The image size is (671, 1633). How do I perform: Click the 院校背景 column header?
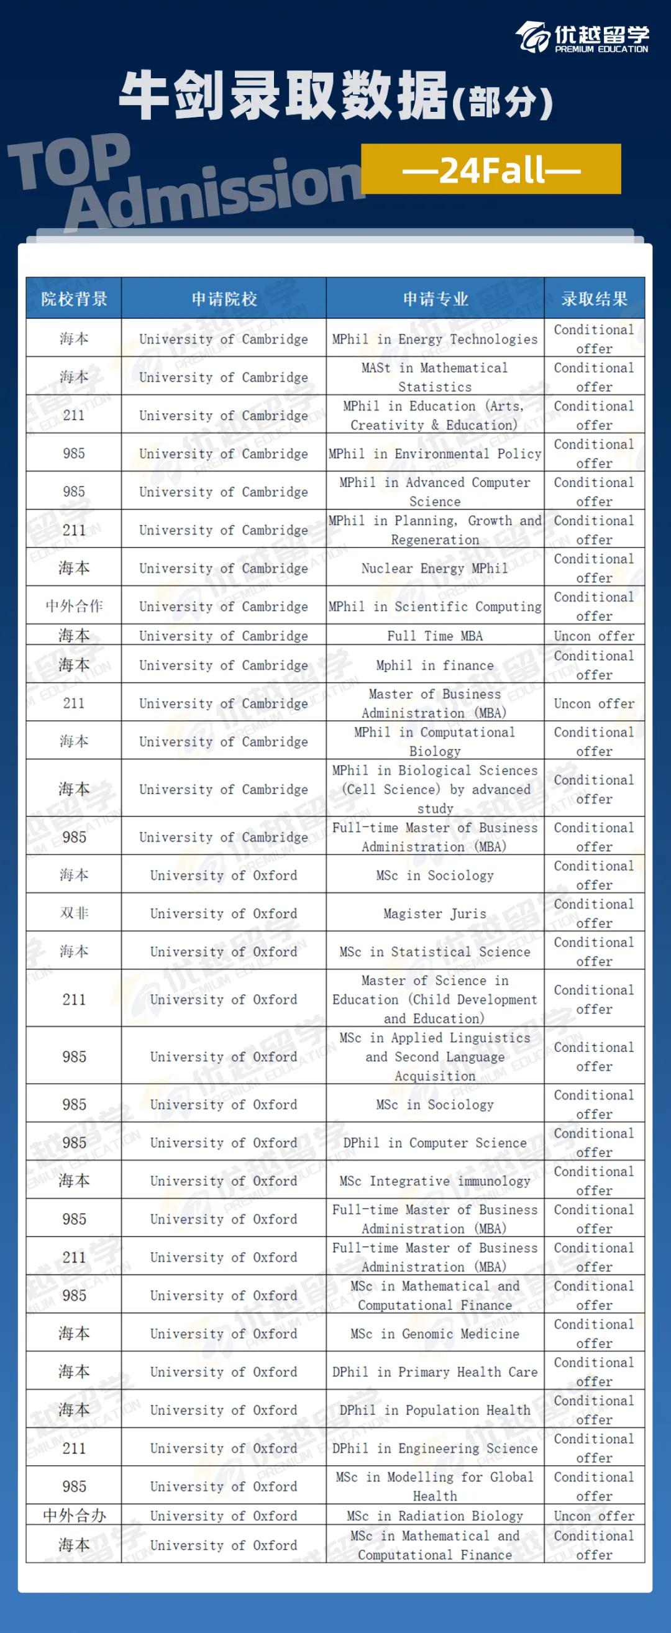(x=73, y=299)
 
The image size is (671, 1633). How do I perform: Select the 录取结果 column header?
(x=594, y=299)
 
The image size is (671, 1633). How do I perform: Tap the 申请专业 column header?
(x=436, y=299)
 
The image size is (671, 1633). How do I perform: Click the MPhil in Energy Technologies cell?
(x=435, y=339)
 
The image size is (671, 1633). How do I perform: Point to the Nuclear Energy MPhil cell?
(x=435, y=568)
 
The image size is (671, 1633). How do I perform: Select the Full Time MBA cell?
(x=435, y=635)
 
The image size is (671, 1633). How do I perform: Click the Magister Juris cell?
(x=435, y=913)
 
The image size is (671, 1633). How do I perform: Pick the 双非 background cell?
(x=73, y=913)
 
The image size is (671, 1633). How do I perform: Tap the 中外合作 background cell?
(x=73, y=606)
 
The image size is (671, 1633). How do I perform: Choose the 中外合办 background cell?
(x=73, y=1515)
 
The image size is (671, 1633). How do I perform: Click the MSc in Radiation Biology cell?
(x=435, y=1516)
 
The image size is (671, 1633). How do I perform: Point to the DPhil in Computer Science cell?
(x=435, y=1142)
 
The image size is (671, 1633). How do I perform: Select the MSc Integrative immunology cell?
(x=435, y=1181)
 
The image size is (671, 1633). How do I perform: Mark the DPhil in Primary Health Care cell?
(x=435, y=1372)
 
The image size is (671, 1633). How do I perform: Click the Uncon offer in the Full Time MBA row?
(x=594, y=635)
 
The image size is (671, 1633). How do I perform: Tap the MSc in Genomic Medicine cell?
(x=435, y=1333)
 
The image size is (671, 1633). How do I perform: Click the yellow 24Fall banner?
(x=491, y=169)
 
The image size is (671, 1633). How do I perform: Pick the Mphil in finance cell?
(x=435, y=665)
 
